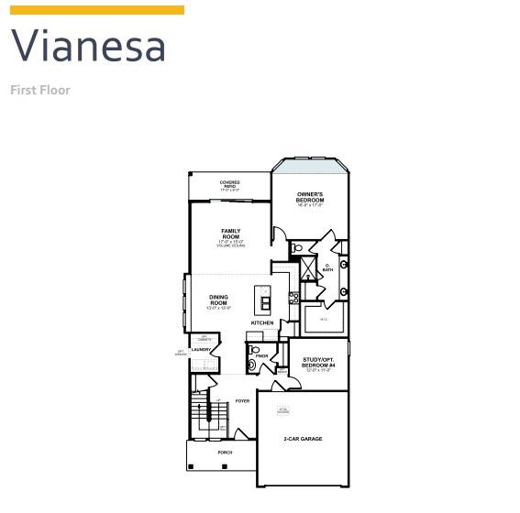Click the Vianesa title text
coord(88,47)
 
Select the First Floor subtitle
coord(40,90)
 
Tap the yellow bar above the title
coord(97,10)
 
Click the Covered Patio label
coord(230,184)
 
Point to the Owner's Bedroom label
coord(310,199)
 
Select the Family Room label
coord(230,235)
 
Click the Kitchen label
coord(262,323)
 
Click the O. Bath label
coord(327,269)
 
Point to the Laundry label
coord(202,349)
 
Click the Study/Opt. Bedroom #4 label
coord(319,365)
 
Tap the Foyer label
coord(242,401)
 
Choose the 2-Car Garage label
coord(303,439)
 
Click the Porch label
coord(225,453)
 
